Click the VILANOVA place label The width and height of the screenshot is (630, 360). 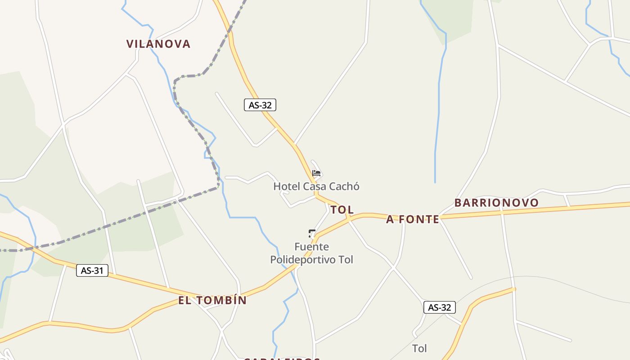point(158,44)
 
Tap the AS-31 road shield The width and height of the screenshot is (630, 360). point(92,270)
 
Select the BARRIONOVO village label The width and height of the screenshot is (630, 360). point(496,202)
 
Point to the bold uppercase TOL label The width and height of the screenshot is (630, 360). point(342,210)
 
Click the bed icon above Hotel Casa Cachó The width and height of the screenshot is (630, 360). point(316,173)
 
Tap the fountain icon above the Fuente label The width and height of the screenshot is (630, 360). point(312,233)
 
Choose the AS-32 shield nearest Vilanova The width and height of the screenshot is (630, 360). point(260,105)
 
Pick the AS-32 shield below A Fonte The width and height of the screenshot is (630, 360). point(440,307)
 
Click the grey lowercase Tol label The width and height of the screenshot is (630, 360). point(419,348)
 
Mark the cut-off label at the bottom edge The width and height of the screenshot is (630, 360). point(282,359)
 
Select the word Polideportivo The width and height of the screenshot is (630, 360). point(303,260)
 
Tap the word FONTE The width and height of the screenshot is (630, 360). point(418,219)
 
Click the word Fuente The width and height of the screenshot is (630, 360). point(311,247)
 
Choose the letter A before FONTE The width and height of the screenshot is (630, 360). point(390,219)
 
